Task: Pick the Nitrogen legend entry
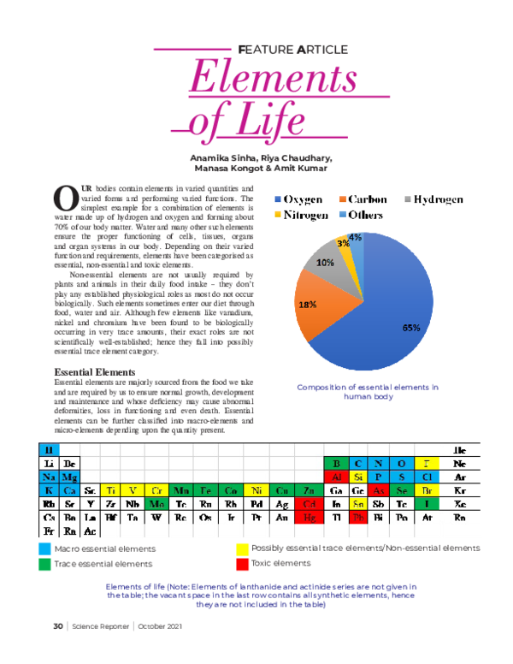299,216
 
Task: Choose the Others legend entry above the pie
359,216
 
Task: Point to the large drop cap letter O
65,199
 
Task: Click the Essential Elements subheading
94,372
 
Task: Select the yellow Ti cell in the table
111,490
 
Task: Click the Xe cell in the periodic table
460,504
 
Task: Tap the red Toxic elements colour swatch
243,564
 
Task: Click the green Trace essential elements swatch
44,564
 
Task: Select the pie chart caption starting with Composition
368,392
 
